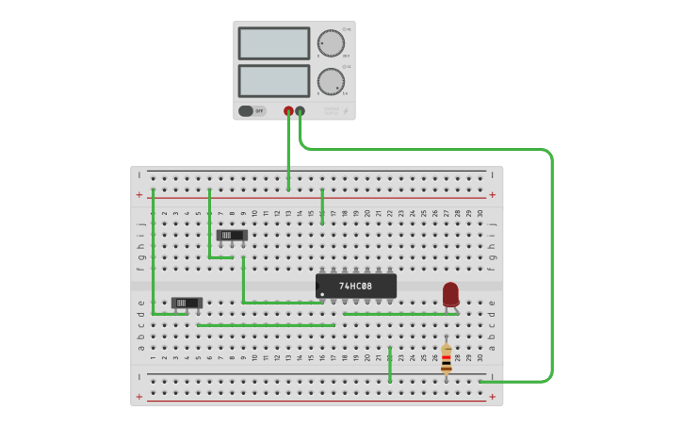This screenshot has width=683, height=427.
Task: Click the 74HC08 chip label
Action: point(355,286)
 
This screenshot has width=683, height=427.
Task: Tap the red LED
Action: point(450,293)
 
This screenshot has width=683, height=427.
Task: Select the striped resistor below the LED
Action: point(446,359)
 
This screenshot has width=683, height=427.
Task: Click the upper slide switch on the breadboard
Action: point(232,235)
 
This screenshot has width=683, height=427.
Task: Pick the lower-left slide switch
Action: point(187,304)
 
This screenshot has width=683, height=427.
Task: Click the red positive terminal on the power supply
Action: point(288,111)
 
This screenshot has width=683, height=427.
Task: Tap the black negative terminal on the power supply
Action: point(300,111)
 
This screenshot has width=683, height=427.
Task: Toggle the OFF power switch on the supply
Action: point(251,111)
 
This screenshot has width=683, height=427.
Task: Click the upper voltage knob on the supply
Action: point(330,43)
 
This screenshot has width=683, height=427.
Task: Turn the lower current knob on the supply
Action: point(330,81)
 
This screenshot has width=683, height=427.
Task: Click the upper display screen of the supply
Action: point(273,43)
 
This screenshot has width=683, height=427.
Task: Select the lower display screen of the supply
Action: point(273,80)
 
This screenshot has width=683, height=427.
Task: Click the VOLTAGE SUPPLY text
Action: point(331,111)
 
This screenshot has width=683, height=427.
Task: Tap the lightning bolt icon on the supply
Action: point(346,111)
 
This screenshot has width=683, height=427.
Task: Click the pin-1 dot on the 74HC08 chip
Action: point(322,295)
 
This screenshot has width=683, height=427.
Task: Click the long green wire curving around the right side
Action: point(550,264)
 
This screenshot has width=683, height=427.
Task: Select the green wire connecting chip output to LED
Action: point(400,314)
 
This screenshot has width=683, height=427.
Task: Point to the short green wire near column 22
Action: point(390,364)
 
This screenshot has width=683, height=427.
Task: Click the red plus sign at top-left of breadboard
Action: point(139,195)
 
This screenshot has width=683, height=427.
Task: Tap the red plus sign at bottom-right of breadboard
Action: point(492,397)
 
